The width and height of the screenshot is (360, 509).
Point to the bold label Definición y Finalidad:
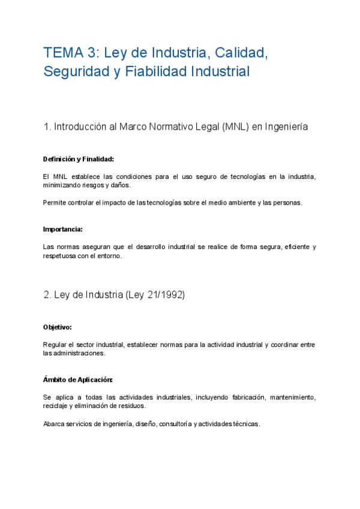[78, 159]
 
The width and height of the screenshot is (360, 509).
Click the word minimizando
[64, 185]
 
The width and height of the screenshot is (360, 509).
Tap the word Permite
[55, 202]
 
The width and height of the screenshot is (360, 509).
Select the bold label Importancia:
[63, 229]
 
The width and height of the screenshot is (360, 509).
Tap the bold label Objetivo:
[58, 327]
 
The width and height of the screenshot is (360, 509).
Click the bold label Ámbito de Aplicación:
[77, 380]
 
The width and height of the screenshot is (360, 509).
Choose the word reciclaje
[56, 406]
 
